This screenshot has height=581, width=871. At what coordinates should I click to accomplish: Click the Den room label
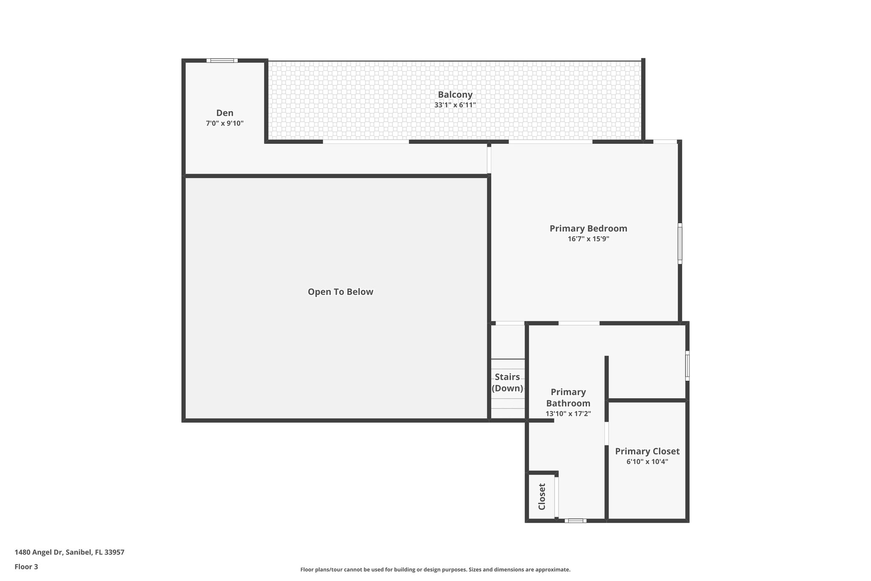(225, 113)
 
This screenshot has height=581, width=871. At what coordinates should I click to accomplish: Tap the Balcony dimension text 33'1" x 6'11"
(455, 105)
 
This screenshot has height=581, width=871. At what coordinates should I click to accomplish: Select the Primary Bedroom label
(588, 229)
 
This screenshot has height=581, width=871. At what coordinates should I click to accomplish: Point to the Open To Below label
(340, 292)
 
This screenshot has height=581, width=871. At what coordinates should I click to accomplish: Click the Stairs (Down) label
(507, 383)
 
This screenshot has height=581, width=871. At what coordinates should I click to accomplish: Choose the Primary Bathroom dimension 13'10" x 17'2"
(568, 414)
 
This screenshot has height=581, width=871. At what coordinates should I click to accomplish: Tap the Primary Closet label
(647, 451)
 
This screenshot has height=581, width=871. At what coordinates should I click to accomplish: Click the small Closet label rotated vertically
(542, 496)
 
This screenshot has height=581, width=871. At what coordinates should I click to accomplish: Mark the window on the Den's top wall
(222, 60)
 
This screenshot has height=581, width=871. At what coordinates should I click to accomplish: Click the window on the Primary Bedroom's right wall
(680, 243)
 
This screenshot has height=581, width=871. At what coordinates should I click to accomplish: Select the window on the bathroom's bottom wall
(575, 521)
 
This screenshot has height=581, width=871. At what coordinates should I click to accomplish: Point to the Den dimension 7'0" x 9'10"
(225, 124)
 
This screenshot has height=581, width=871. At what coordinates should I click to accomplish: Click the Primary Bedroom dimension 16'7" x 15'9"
(588, 239)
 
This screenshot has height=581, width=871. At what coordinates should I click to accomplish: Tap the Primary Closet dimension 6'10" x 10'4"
(647, 462)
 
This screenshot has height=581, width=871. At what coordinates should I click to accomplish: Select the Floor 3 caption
(26, 567)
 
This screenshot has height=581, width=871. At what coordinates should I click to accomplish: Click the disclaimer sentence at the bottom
(435, 570)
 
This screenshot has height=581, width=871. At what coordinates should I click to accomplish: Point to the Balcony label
(455, 94)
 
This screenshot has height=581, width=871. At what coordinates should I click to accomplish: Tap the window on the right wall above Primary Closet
(687, 366)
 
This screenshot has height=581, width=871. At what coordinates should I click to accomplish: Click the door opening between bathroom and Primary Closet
(606, 433)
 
